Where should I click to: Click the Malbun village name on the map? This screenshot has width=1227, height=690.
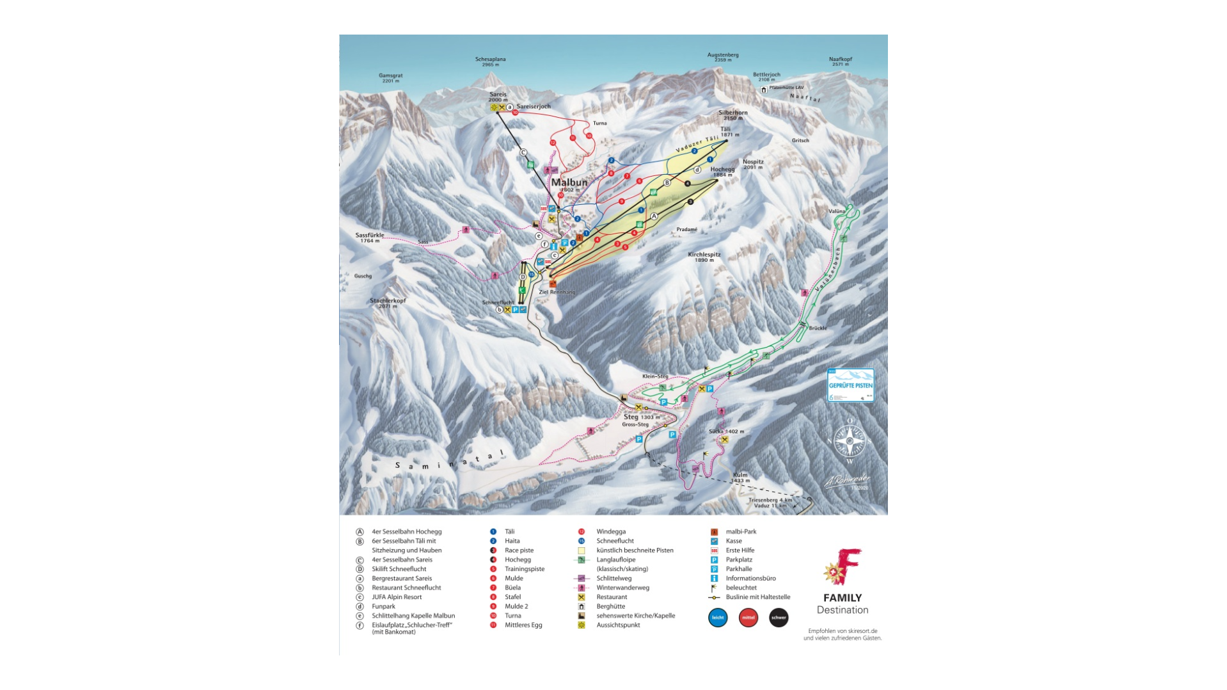coord(569,182)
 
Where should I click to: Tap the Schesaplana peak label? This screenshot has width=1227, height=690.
coord(490,60)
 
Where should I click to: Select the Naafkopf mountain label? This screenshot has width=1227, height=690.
coord(840,60)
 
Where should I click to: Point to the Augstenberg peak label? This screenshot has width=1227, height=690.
coord(722,55)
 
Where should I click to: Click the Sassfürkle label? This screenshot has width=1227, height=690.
coord(370,236)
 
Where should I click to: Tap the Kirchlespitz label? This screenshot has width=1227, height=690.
coord(704,255)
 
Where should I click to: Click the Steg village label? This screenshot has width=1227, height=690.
coord(631,417)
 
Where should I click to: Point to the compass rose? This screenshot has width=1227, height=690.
coord(850,440)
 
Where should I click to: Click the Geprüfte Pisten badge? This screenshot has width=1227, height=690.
coord(850,385)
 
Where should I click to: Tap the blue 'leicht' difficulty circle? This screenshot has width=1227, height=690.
coord(718,618)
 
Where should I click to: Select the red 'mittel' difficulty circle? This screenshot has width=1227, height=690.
coord(748,618)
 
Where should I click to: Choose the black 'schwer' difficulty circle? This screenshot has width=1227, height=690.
coord(779,618)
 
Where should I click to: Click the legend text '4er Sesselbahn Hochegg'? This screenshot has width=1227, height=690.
coord(406,532)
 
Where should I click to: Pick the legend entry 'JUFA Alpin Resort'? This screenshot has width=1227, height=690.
coord(397,597)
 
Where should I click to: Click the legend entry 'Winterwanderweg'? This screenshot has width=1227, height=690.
coord(622,588)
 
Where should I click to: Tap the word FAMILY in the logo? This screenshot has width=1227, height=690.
coord(842,598)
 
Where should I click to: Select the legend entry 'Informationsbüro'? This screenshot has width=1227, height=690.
coord(750,579)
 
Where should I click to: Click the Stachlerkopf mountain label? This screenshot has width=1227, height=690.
coord(388,301)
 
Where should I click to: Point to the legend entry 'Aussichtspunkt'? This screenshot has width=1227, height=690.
coord(618,625)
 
